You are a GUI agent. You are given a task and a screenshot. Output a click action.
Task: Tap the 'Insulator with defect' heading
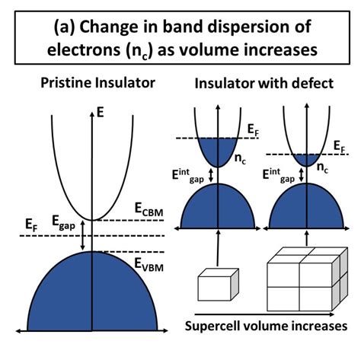(x=260, y=82)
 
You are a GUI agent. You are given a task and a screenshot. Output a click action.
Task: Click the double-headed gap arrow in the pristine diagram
(x=84, y=237)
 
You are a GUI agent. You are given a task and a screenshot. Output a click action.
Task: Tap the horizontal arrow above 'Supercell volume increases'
(x=266, y=312)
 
